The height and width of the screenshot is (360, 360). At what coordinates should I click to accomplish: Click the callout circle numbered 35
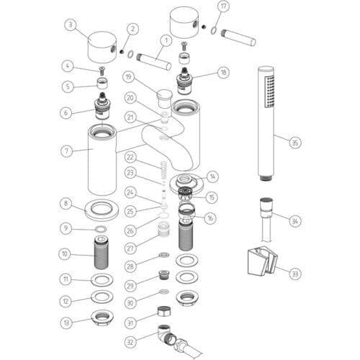tap(294, 143)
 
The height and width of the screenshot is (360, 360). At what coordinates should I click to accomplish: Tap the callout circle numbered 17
tap(223, 6)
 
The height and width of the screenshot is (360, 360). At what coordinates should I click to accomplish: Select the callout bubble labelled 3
tap(71, 25)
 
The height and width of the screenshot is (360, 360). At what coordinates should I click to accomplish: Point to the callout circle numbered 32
tap(130, 342)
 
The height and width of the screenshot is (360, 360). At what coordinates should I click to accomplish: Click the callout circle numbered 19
tap(129, 77)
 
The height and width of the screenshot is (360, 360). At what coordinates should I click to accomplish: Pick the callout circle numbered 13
tap(66, 323)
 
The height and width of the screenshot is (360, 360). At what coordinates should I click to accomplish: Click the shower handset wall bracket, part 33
tap(262, 261)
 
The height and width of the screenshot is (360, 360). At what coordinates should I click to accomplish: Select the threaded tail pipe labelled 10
tap(101, 253)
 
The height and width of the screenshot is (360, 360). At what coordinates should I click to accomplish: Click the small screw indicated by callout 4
tap(102, 71)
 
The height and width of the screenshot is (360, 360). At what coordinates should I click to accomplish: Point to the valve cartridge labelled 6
tap(102, 106)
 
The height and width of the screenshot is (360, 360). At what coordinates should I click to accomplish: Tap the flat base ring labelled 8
tap(102, 210)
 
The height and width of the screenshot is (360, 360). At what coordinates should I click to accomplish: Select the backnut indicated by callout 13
tap(103, 318)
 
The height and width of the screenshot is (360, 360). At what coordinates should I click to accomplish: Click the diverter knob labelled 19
tap(164, 98)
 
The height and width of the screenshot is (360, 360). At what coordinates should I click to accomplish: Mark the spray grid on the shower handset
tap(269, 91)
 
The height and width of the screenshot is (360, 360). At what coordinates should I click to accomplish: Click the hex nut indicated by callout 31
tap(164, 311)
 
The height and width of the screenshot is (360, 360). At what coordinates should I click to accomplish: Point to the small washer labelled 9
tap(101, 229)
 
